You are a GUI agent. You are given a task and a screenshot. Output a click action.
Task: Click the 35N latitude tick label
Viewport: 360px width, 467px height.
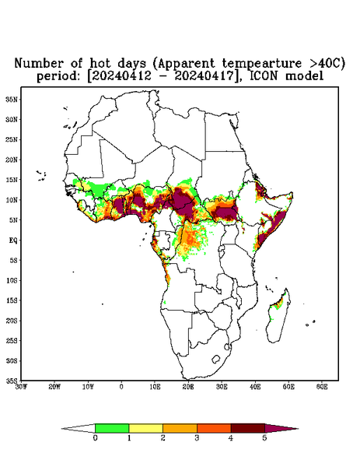[x=12, y=99]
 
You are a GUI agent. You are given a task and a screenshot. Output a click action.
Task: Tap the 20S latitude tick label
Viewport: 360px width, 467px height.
[x=12, y=321]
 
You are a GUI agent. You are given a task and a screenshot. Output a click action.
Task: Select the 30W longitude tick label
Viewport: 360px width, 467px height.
[x=21, y=387]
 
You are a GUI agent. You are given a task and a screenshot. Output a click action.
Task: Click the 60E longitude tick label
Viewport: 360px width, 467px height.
[x=322, y=387]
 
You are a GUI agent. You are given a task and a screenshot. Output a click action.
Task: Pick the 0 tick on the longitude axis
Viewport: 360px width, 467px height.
[x=121, y=387]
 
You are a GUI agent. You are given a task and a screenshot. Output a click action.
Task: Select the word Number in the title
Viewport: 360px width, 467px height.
[x=39, y=64]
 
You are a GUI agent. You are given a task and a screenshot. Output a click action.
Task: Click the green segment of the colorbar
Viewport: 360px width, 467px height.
[x=112, y=428]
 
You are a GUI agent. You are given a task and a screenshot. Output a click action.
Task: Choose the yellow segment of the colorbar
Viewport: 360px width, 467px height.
[x=145, y=428]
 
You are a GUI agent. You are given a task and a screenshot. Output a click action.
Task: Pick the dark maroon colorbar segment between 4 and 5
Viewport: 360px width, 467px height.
[x=248, y=428]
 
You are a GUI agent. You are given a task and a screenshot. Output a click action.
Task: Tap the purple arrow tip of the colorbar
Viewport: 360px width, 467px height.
[x=281, y=428]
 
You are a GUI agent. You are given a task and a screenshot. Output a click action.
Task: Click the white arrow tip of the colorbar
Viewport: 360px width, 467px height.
[x=79, y=428]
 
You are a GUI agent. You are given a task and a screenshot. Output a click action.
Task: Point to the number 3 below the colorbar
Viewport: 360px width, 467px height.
[x=197, y=438]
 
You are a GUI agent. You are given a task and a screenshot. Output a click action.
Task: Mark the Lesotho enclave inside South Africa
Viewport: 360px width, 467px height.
[x=215, y=359]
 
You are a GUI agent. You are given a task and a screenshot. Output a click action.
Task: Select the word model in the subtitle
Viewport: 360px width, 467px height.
[x=304, y=76]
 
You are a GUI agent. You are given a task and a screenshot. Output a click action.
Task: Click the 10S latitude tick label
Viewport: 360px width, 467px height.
[x=12, y=280]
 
